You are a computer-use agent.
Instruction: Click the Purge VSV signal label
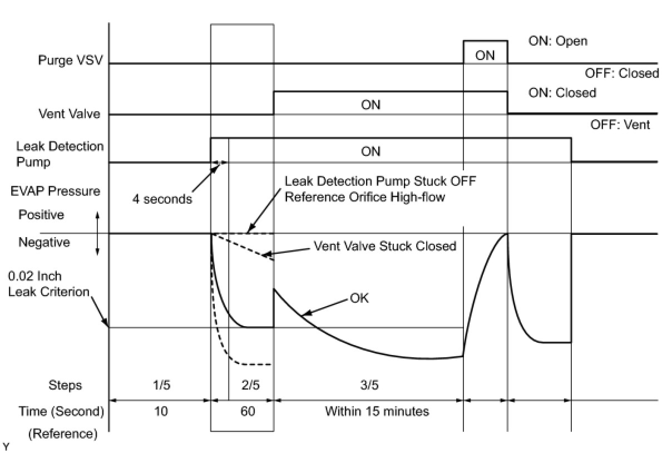point(70,60)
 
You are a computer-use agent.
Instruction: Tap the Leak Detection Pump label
point(60,154)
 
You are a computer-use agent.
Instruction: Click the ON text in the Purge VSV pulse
point(485,55)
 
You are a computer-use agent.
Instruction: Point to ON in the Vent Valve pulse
point(370,105)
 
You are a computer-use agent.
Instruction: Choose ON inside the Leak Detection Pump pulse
point(370,151)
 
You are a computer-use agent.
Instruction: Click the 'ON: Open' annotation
point(558,41)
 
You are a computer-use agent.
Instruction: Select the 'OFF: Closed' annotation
point(621,73)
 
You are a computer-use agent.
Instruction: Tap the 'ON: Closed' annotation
point(562,92)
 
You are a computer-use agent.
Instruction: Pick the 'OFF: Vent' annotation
point(620,125)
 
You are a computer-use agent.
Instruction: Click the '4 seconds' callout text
point(162,199)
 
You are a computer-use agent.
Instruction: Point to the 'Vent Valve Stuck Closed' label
point(385,245)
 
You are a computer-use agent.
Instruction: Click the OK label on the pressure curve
point(359,298)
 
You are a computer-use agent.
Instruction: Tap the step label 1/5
point(161,385)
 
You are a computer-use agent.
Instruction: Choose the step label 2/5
point(251,385)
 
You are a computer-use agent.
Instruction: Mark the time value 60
point(249,412)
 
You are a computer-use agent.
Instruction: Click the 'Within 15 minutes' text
point(377,412)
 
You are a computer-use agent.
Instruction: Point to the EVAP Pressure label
point(55,191)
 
